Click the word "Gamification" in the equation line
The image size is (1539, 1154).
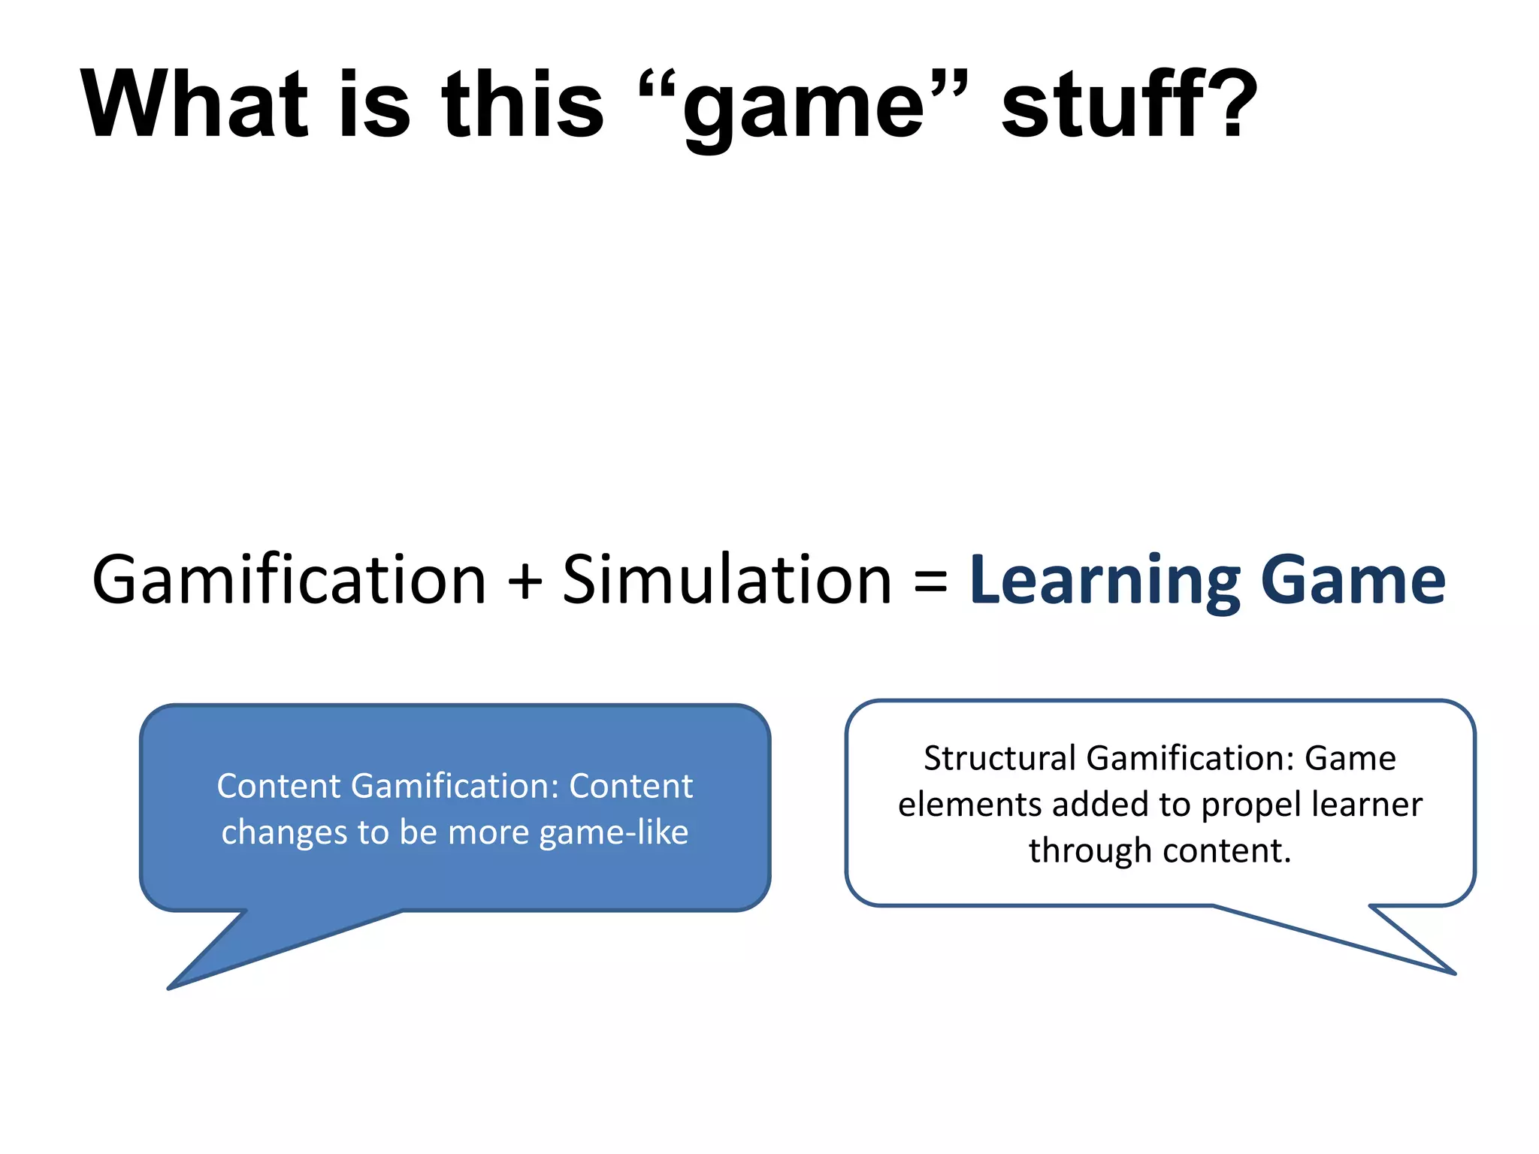coord(289,579)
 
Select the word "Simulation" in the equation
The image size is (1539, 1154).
coord(727,579)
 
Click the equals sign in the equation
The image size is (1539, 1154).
coord(930,581)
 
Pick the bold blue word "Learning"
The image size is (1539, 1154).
coord(1105,581)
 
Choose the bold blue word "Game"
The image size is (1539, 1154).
coord(1353,579)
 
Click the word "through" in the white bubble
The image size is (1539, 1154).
coord(1090,851)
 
